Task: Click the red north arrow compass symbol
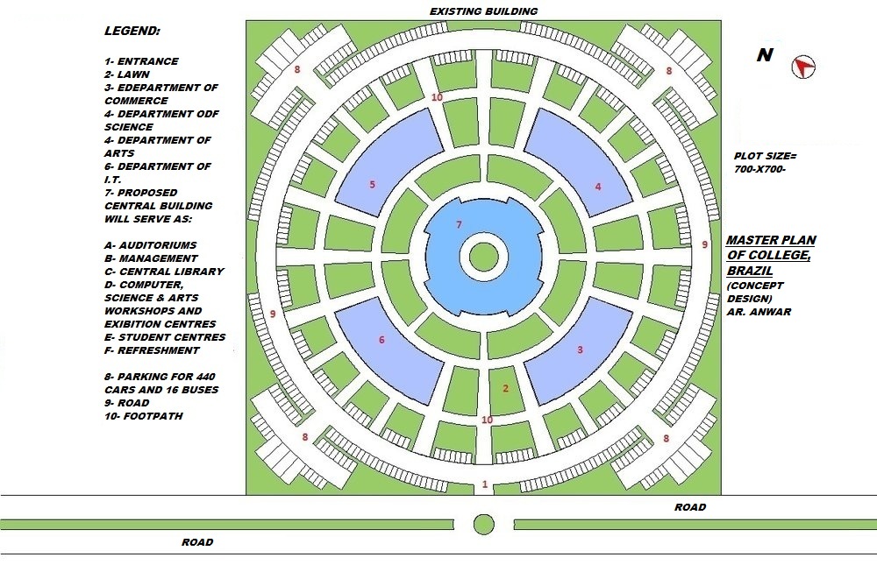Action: [803, 67]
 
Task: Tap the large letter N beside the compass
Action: [765, 55]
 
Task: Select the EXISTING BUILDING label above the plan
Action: [483, 11]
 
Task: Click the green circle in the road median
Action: [483, 524]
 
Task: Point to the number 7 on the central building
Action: [459, 225]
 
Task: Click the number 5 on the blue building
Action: [373, 185]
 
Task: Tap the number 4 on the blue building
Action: [598, 186]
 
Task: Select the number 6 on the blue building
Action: [381, 340]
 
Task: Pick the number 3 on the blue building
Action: [580, 350]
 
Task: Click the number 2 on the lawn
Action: [505, 388]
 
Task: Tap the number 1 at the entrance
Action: [485, 484]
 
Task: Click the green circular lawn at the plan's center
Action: [483, 258]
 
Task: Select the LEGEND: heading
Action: [132, 31]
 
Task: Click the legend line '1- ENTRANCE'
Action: [141, 61]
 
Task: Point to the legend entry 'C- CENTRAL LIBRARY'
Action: [164, 272]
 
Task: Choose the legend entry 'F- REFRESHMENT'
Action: [152, 350]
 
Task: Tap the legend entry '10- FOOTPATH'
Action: [144, 416]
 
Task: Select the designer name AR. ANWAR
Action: [759, 311]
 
